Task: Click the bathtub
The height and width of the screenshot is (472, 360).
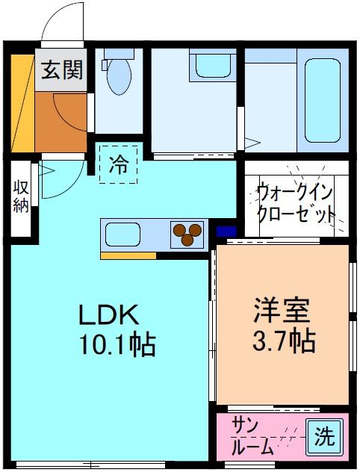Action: pos(321,100)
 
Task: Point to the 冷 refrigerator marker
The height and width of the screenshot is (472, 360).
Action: pos(119,163)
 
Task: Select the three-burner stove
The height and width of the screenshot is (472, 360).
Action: pos(188,235)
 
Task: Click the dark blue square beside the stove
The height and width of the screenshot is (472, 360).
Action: pos(226,232)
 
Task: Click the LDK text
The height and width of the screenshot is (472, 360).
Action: pos(110,314)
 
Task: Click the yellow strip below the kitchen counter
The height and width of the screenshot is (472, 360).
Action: pos(128,255)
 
